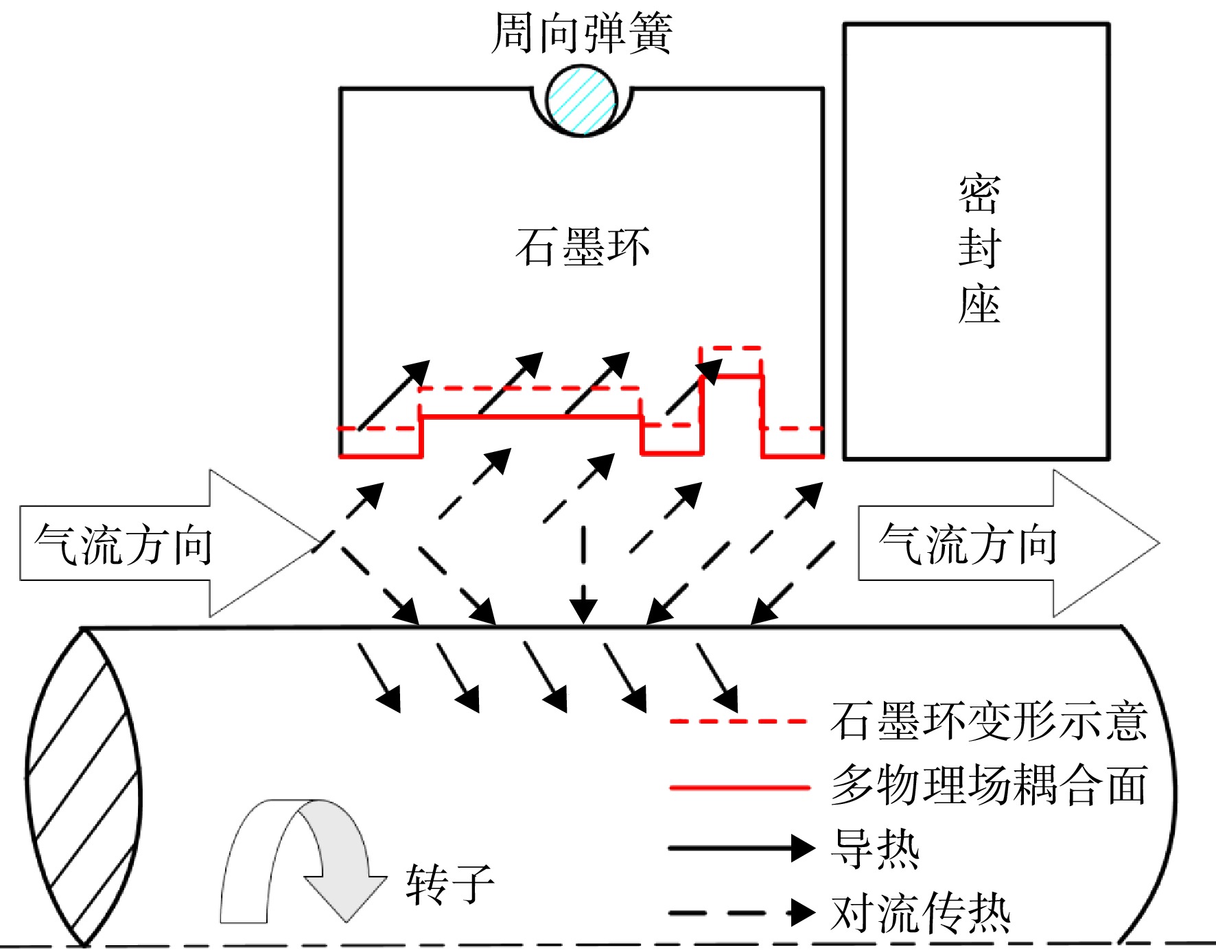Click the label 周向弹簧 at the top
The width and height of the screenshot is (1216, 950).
pyautogui.click(x=582, y=33)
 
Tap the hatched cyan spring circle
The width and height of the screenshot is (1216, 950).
pyautogui.click(x=582, y=100)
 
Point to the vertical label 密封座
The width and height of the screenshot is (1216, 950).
pyautogui.click(x=979, y=248)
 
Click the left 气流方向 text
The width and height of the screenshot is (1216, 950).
pyautogui.click(x=124, y=545)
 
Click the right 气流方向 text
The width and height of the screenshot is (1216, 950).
pyautogui.click(x=968, y=545)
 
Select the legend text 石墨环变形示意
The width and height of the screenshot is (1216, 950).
pyautogui.click(x=989, y=722)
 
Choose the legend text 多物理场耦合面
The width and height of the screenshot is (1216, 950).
pyautogui.click(x=989, y=785)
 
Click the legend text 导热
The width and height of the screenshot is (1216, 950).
pyautogui.click(x=875, y=848)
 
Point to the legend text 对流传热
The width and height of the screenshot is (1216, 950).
pyautogui.click(x=920, y=912)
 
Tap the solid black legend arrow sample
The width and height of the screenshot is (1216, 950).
pyautogui.click(x=742, y=848)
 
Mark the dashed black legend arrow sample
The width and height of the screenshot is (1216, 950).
pyautogui.click(x=742, y=913)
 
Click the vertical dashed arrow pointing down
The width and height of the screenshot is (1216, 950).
pyautogui.click(x=583, y=575)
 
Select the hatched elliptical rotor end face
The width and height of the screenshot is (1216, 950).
pyautogui.click(x=83, y=787)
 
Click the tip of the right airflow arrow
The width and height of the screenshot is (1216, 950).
pyautogui.click(x=1160, y=543)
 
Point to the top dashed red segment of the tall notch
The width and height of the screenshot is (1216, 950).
pyautogui.click(x=731, y=348)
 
